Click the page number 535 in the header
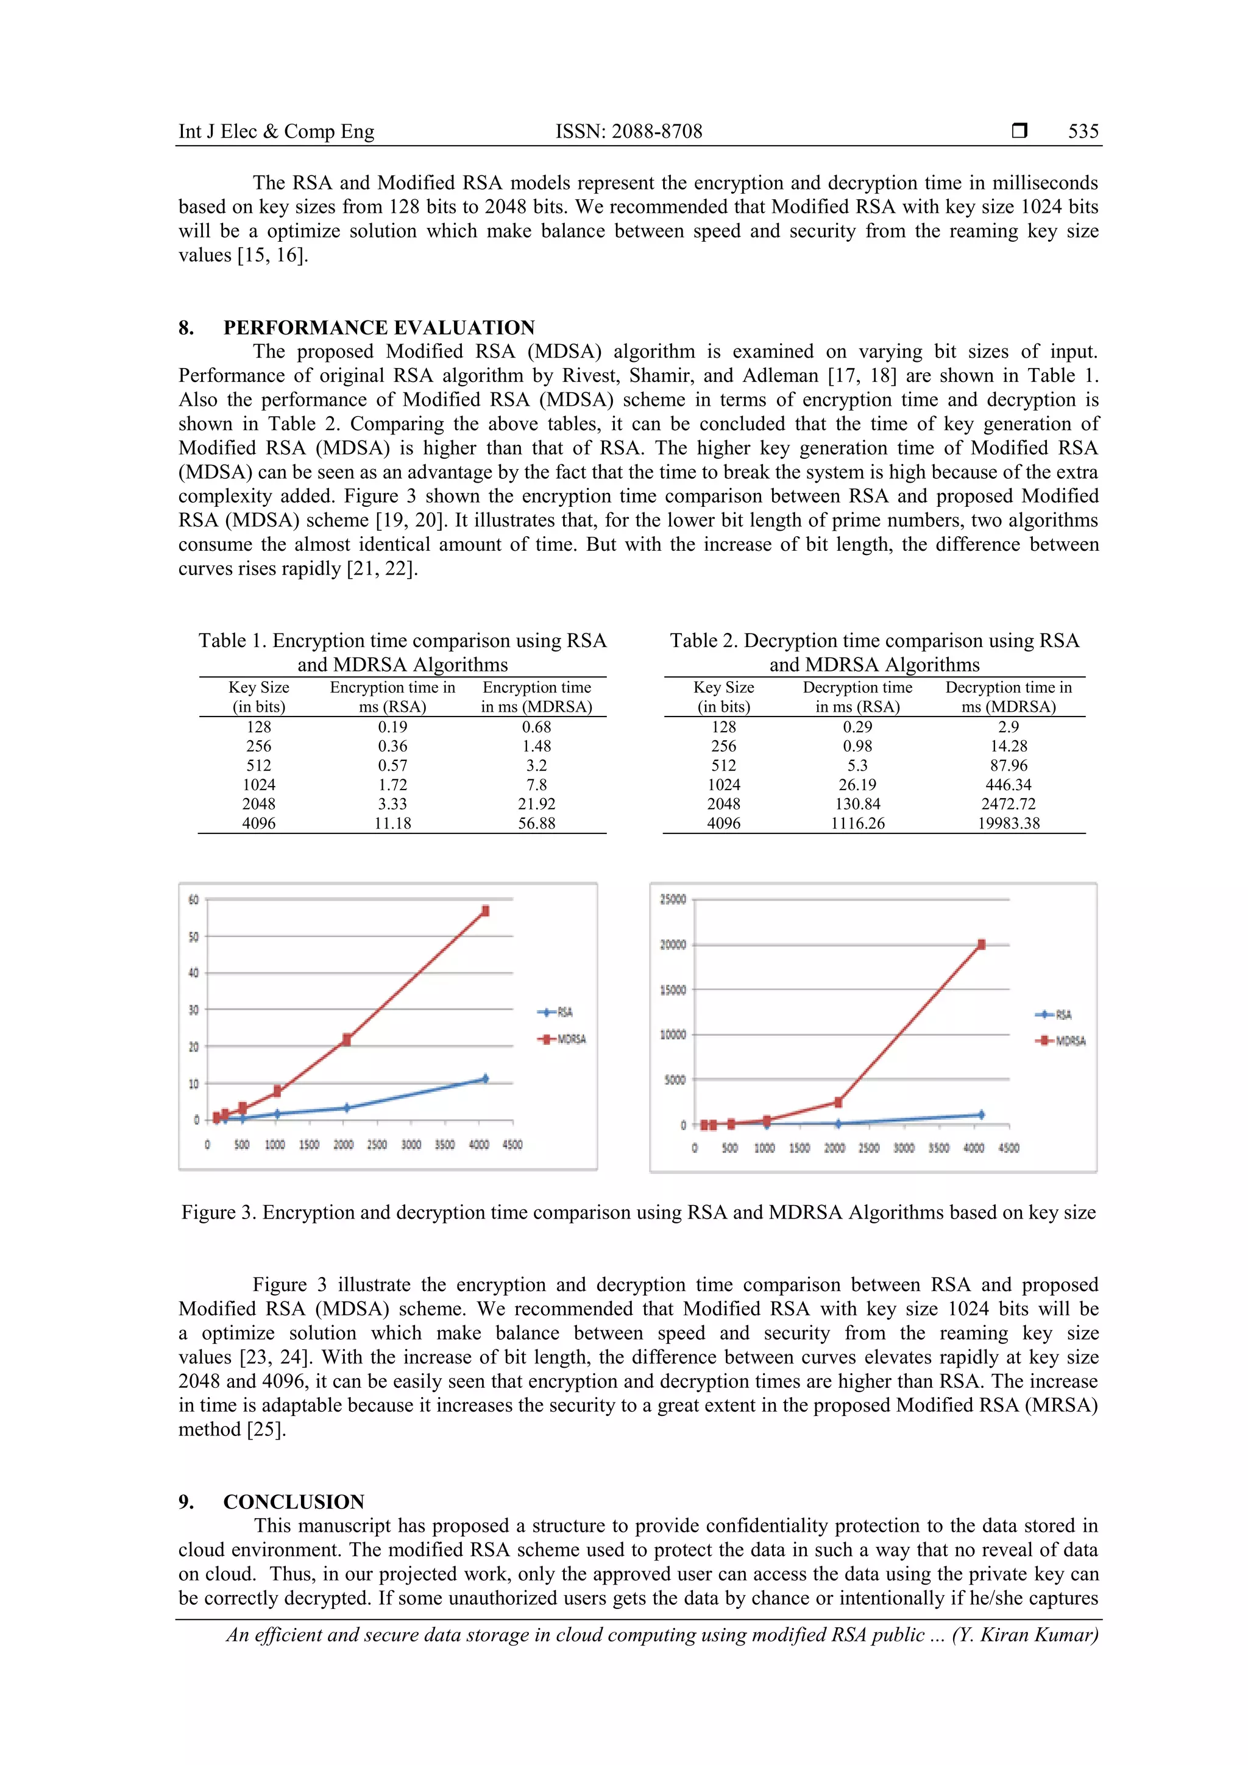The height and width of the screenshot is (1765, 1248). pyautogui.click(x=1083, y=132)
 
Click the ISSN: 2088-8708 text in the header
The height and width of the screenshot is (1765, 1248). pyautogui.click(x=629, y=132)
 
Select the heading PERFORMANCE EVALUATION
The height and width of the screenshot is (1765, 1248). pyautogui.click(x=379, y=328)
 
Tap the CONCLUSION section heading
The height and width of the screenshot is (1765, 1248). pyautogui.click(x=294, y=1501)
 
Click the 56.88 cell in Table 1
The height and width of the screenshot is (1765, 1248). pyautogui.click(x=536, y=823)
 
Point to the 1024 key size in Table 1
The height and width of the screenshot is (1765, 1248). pyautogui.click(x=258, y=785)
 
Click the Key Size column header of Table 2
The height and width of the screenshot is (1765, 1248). pyautogui.click(x=723, y=696)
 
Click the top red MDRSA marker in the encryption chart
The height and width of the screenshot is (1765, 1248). pyautogui.click(x=485, y=911)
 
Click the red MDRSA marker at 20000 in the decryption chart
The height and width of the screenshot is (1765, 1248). pyautogui.click(x=981, y=945)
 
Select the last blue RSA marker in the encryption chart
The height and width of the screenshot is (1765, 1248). pyautogui.click(x=484, y=1078)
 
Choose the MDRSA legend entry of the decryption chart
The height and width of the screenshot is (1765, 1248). pyautogui.click(x=1062, y=1041)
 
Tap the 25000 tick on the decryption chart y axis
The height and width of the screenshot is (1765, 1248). pyautogui.click(x=673, y=899)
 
